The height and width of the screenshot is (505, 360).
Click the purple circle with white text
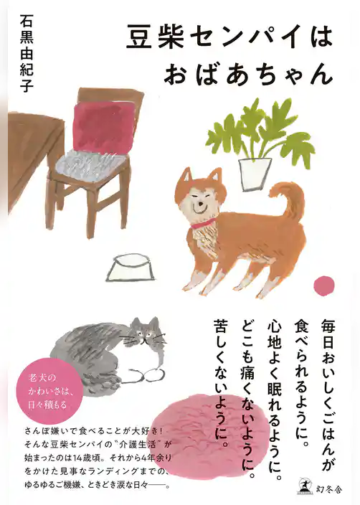[x=44, y=392]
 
